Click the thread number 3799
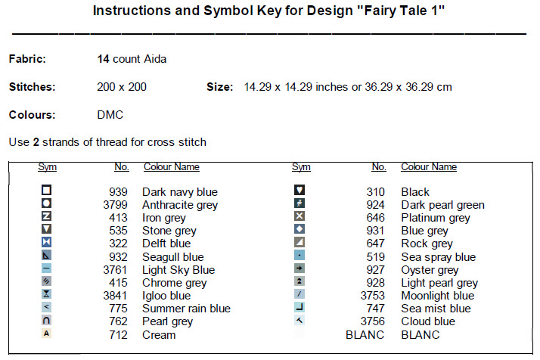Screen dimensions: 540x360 pos(115,205)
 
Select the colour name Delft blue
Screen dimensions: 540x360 pos(166,244)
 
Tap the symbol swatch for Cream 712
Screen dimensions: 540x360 pos(46,334)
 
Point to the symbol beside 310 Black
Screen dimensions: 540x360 pos(299,190)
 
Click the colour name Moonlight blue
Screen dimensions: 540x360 pos(438,296)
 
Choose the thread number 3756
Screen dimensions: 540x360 pos(373,321)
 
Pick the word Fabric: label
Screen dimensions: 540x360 pos(27,59)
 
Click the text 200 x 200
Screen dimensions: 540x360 pos(122,87)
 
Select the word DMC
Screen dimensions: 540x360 pos(110,115)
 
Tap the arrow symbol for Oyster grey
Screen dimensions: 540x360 pos(299,268)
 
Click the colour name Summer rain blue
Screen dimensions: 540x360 pos(186,309)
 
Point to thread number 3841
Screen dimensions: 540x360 pos(115,296)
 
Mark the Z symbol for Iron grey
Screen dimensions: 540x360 pos(46,216)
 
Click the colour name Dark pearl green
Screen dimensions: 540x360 pos(443,205)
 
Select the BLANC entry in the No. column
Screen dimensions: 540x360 pos(365,335)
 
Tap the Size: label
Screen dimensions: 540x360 pos(220,87)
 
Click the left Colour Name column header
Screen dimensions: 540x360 pos(172,166)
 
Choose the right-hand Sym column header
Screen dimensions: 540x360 pos(301,166)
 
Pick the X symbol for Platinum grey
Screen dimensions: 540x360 pos(299,216)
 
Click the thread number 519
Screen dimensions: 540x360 pos(375,257)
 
